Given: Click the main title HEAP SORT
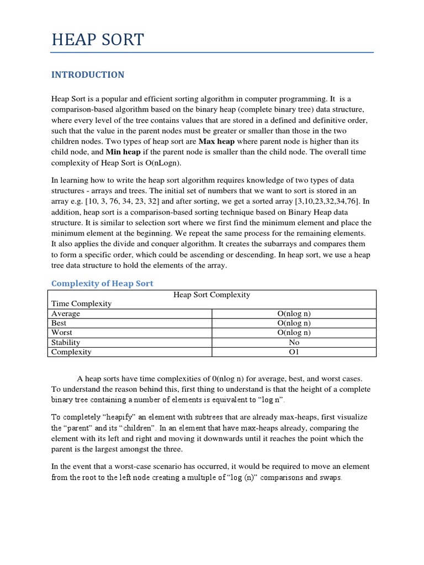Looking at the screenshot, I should coord(97,40).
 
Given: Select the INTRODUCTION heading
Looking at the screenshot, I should coord(88,74).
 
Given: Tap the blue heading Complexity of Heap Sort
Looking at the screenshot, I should coord(102,283).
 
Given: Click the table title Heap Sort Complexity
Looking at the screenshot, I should coord(212,295).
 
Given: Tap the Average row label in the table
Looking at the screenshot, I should coord(66,313).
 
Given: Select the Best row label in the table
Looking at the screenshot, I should coord(59,323).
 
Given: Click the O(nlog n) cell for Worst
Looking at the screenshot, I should coord(294,333).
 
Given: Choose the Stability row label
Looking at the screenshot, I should coord(66,342).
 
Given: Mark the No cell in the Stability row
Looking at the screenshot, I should coord(294,342).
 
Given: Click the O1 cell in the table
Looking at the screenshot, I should coord(294,352).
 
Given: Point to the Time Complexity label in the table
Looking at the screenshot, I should coord(81,303).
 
